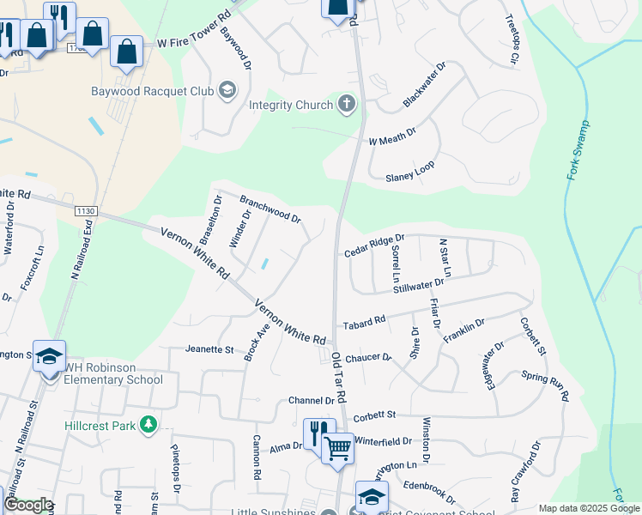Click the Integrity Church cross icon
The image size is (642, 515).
click(347, 106)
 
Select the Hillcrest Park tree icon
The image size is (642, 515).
click(148, 424)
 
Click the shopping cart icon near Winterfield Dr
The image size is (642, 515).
click(338, 448)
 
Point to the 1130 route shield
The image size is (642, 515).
click(87, 211)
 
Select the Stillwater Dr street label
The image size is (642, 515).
click(419, 285)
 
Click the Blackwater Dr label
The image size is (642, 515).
click(425, 86)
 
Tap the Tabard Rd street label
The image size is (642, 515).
click(365, 324)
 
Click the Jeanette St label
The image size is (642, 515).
click(209, 350)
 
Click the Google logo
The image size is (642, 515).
click(27, 505)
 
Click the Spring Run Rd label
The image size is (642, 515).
click(546, 385)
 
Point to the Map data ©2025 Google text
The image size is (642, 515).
click(588, 508)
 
